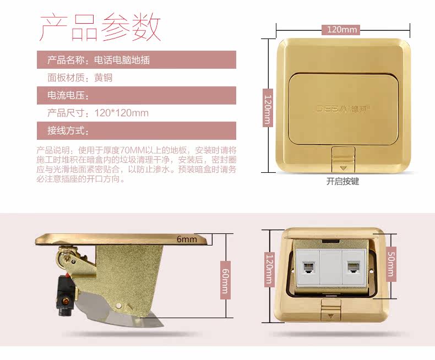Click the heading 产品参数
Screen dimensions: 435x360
100,28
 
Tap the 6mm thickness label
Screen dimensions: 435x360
187,239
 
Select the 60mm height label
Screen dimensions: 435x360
225,280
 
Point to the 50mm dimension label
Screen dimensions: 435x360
391,264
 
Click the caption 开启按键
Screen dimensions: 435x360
342,182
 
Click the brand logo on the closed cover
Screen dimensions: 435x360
344,109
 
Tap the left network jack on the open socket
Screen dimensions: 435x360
308,268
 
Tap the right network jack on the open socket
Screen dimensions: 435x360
354,268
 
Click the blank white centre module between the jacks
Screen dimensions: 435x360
331,268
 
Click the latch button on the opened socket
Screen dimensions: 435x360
331,310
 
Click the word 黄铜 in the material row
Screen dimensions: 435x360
103,78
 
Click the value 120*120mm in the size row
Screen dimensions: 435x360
122,113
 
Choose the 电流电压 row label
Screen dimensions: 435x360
68,95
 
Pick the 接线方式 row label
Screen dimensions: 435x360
68,130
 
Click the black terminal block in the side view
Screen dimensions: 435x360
66,295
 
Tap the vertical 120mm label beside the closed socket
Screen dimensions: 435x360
268,108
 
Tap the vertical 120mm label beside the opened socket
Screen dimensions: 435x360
269,269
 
